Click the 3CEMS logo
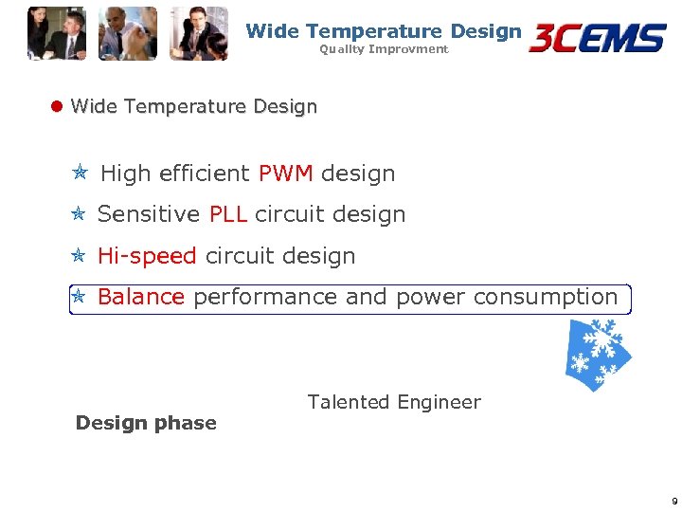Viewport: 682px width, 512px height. click(x=598, y=38)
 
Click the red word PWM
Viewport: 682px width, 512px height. click(x=285, y=174)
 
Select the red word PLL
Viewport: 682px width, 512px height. click(x=228, y=214)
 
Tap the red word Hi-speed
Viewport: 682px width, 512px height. click(x=147, y=256)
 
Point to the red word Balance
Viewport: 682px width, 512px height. click(x=141, y=297)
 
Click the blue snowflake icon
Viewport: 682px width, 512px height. click(x=598, y=354)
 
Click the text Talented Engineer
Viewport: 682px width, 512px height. click(x=394, y=402)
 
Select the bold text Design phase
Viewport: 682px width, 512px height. click(x=146, y=423)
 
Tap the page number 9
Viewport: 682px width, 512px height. click(x=673, y=501)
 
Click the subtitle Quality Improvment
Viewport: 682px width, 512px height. click(x=384, y=49)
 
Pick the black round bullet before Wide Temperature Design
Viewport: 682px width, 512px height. click(x=56, y=106)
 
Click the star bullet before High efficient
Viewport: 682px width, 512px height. click(x=81, y=174)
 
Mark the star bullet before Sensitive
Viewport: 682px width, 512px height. click(x=80, y=214)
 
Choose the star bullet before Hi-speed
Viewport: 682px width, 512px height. click(x=80, y=256)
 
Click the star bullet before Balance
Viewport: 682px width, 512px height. click(x=80, y=297)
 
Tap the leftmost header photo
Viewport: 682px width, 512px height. click(x=56, y=33)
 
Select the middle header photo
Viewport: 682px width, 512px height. click(x=128, y=33)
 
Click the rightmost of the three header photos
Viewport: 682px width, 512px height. click(x=199, y=33)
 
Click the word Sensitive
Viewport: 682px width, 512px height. click(x=149, y=214)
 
